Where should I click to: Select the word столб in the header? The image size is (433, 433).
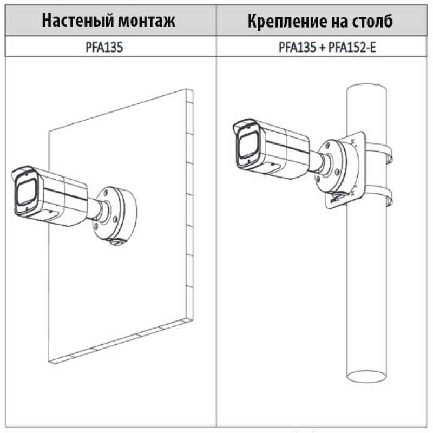pos(372,21)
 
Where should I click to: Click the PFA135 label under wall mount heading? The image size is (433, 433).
pos(104,47)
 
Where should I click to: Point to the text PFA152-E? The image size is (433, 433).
pos(352,47)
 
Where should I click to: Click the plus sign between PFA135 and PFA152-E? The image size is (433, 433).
pos(322,48)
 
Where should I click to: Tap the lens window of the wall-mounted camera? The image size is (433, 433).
pos(26,192)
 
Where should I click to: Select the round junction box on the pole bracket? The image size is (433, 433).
pos(337,166)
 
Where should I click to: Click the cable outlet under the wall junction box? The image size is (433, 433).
pos(117,242)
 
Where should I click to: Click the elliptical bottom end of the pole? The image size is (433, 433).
pos(366,376)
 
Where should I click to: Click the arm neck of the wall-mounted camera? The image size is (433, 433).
pos(97,211)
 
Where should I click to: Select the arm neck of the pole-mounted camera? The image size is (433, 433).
pos(320,163)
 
